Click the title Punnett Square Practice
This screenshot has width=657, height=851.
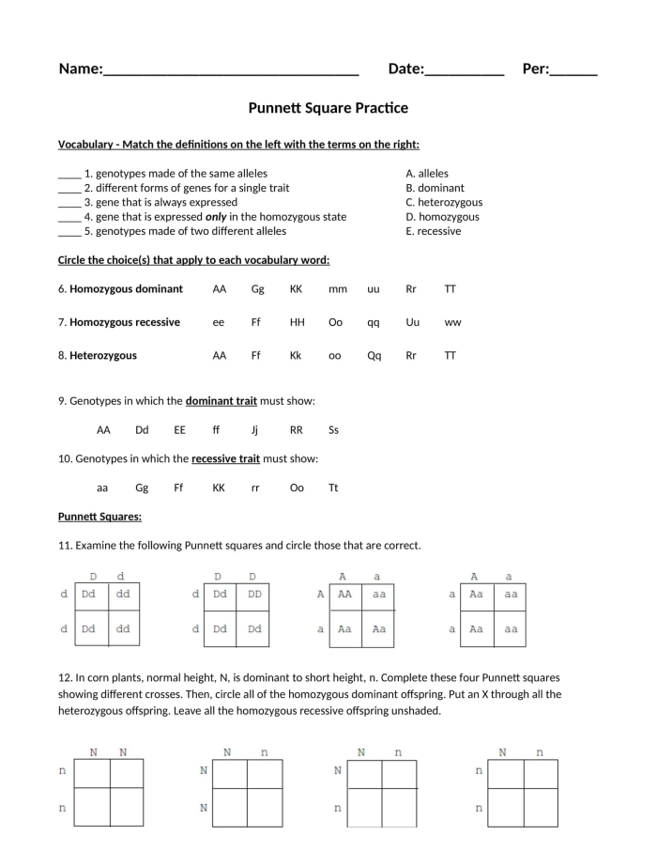click(x=328, y=108)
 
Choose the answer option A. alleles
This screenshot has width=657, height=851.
click(x=427, y=174)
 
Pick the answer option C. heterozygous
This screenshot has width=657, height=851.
click(x=444, y=202)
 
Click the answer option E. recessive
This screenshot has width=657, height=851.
click(x=434, y=231)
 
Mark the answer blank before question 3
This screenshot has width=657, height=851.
click(x=69, y=203)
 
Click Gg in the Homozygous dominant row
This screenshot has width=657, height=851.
click(x=258, y=289)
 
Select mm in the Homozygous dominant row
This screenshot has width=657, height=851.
click(x=338, y=289)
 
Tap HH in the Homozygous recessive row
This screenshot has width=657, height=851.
click(x=298, y=322)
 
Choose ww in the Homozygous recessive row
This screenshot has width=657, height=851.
click(x=452, y=322)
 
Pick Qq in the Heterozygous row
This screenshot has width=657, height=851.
click(x=374, y=356)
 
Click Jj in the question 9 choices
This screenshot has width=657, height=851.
click(x=255, y=430)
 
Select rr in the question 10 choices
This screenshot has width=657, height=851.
click(x=255, y=487)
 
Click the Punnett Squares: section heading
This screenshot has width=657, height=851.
click(x=99, y=517)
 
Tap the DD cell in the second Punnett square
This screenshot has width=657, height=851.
click(x=252, y=595)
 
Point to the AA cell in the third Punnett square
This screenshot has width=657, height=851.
click(x=344, y=595)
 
